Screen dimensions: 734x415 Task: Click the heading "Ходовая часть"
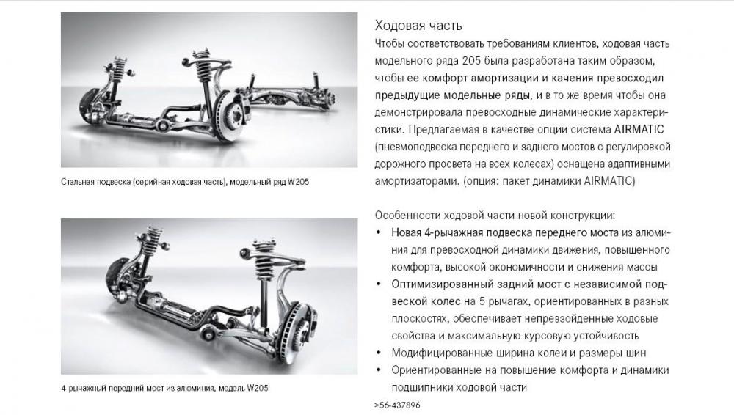coord(418,25)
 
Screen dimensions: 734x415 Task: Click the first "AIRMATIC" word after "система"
coord(639,129)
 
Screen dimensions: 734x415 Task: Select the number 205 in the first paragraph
coord(471,61)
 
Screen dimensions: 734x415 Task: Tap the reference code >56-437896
coord(397,405)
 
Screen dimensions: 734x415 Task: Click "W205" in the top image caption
coord(298,182)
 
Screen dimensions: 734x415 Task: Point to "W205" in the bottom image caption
coord(258,388)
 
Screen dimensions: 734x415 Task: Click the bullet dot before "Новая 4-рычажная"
coord(379,232)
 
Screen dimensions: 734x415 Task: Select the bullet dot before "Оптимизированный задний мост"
coord(379,284)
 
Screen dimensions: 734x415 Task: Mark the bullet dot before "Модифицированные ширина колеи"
coord(379,353)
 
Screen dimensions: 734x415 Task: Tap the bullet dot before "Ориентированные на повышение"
coord(379,370)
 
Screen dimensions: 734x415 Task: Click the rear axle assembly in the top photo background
coord(290,94)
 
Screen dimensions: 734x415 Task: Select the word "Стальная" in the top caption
coord(78,182)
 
